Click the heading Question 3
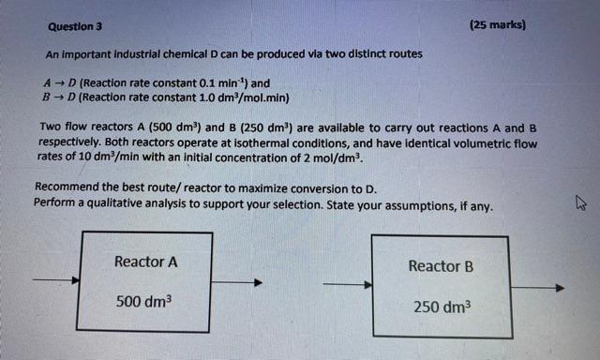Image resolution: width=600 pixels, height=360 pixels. pyautogui.click(x=74, y=27)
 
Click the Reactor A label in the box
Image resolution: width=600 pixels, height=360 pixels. pyautogui.click(x=145, y=262)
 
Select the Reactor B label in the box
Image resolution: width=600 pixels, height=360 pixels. pyautogui.click(x=441, y=266)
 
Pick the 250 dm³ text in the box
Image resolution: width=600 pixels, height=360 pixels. pyautogui.click(x=442, y=307)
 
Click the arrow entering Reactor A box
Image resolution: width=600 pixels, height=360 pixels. pyautogui.click(x=54, y=279)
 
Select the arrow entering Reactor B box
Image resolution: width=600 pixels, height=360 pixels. pyautogui.click(x=347, y=284)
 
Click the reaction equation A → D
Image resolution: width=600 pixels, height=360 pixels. pyautogui.click(x=60, y=82)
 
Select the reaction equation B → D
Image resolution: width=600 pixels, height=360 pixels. pyautogui.click(x=60, y=96)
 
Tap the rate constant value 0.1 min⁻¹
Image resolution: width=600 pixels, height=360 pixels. pyautogui.click(x=220, y=82)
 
